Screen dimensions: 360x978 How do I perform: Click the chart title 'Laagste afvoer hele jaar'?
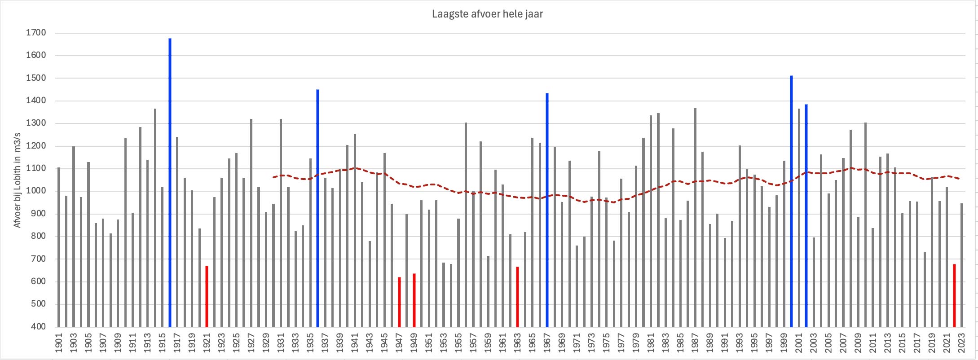click(487, 14)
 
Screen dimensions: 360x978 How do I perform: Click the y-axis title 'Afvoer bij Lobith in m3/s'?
click(18, 180)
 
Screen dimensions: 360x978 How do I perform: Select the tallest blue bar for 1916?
click(170, 180)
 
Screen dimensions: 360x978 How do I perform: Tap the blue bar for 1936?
click(317, 206)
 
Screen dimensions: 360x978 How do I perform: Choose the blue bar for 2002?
click(806, 215)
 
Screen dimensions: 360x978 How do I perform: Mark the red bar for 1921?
click(207, 296)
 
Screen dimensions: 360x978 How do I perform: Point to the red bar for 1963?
click(517, 296)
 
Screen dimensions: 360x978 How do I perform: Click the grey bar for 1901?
click(59, 247)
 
